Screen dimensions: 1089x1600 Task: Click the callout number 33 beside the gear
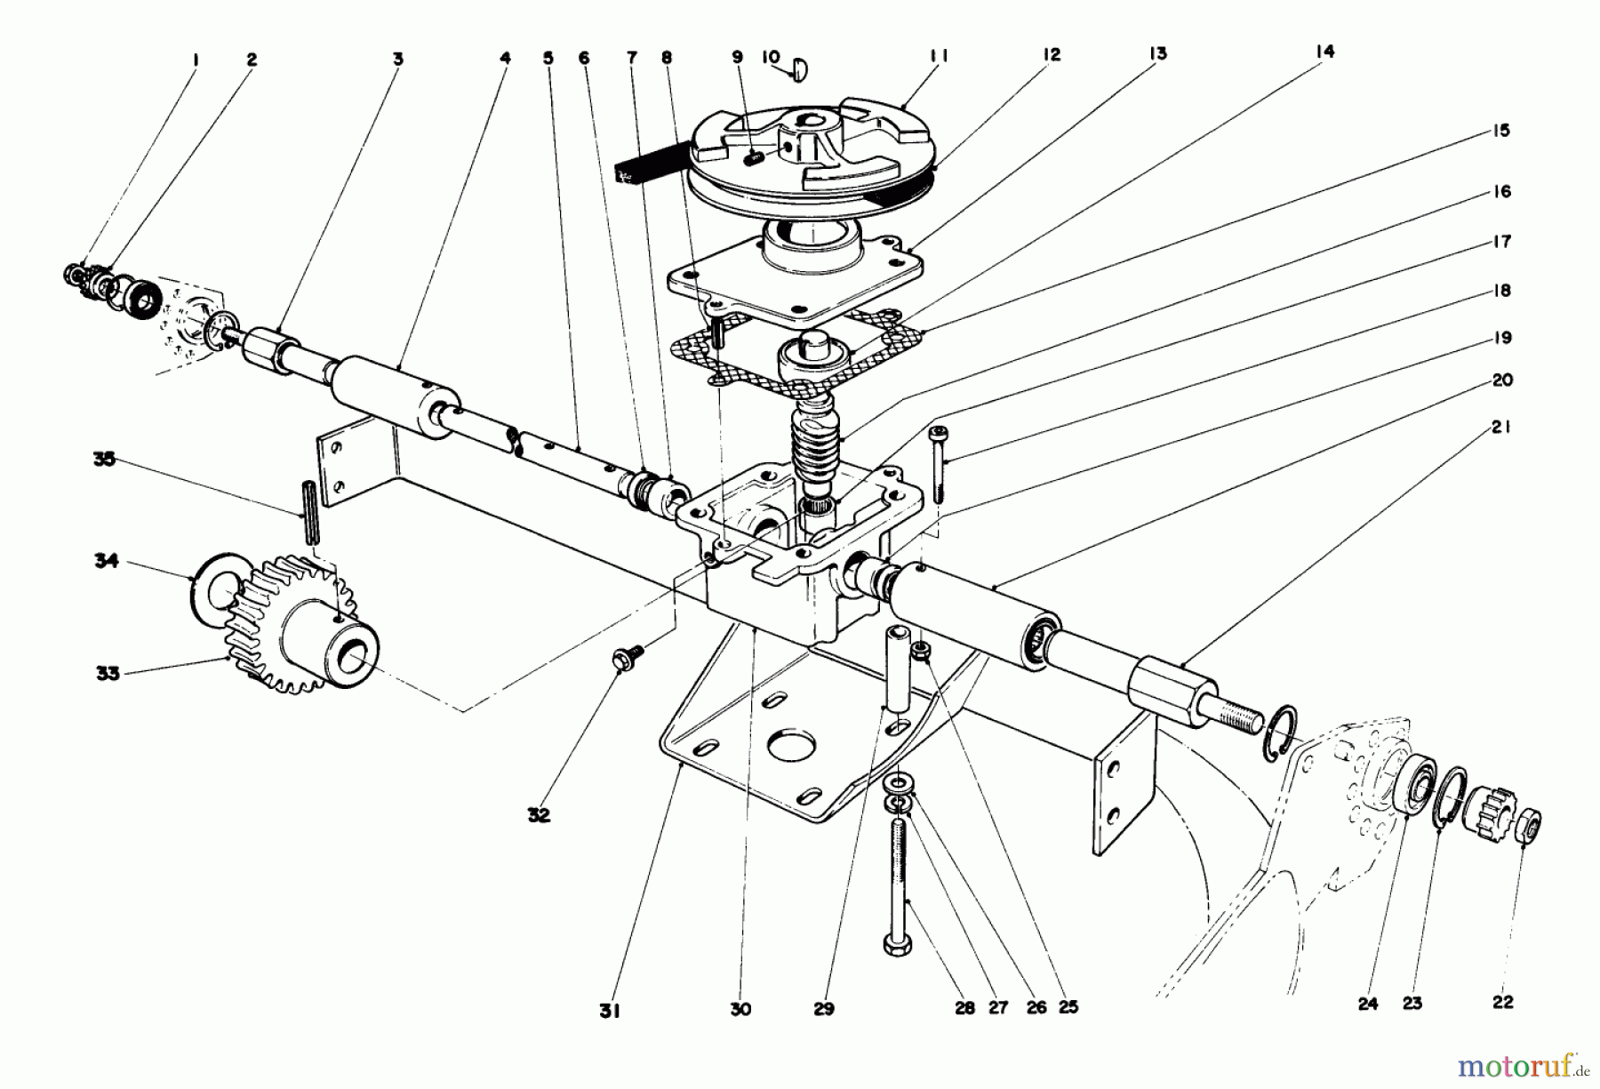[108, 673]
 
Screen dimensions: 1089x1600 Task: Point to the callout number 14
[1324, 52]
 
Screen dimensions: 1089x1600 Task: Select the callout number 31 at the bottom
[608, 1011]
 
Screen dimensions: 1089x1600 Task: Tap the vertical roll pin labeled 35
[312, 511]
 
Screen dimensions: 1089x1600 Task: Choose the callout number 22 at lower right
[1502, 1002]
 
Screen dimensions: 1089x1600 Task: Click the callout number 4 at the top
[505, 58]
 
